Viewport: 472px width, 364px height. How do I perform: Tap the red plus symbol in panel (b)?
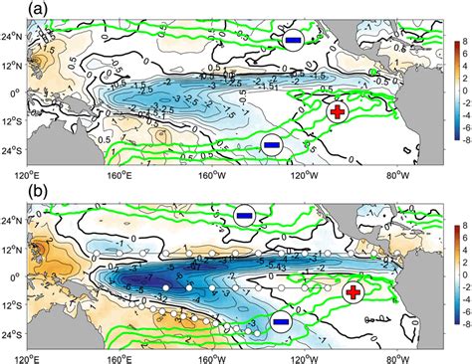[x=354, y=292]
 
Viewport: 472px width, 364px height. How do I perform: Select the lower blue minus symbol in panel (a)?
[x=270, y=144]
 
